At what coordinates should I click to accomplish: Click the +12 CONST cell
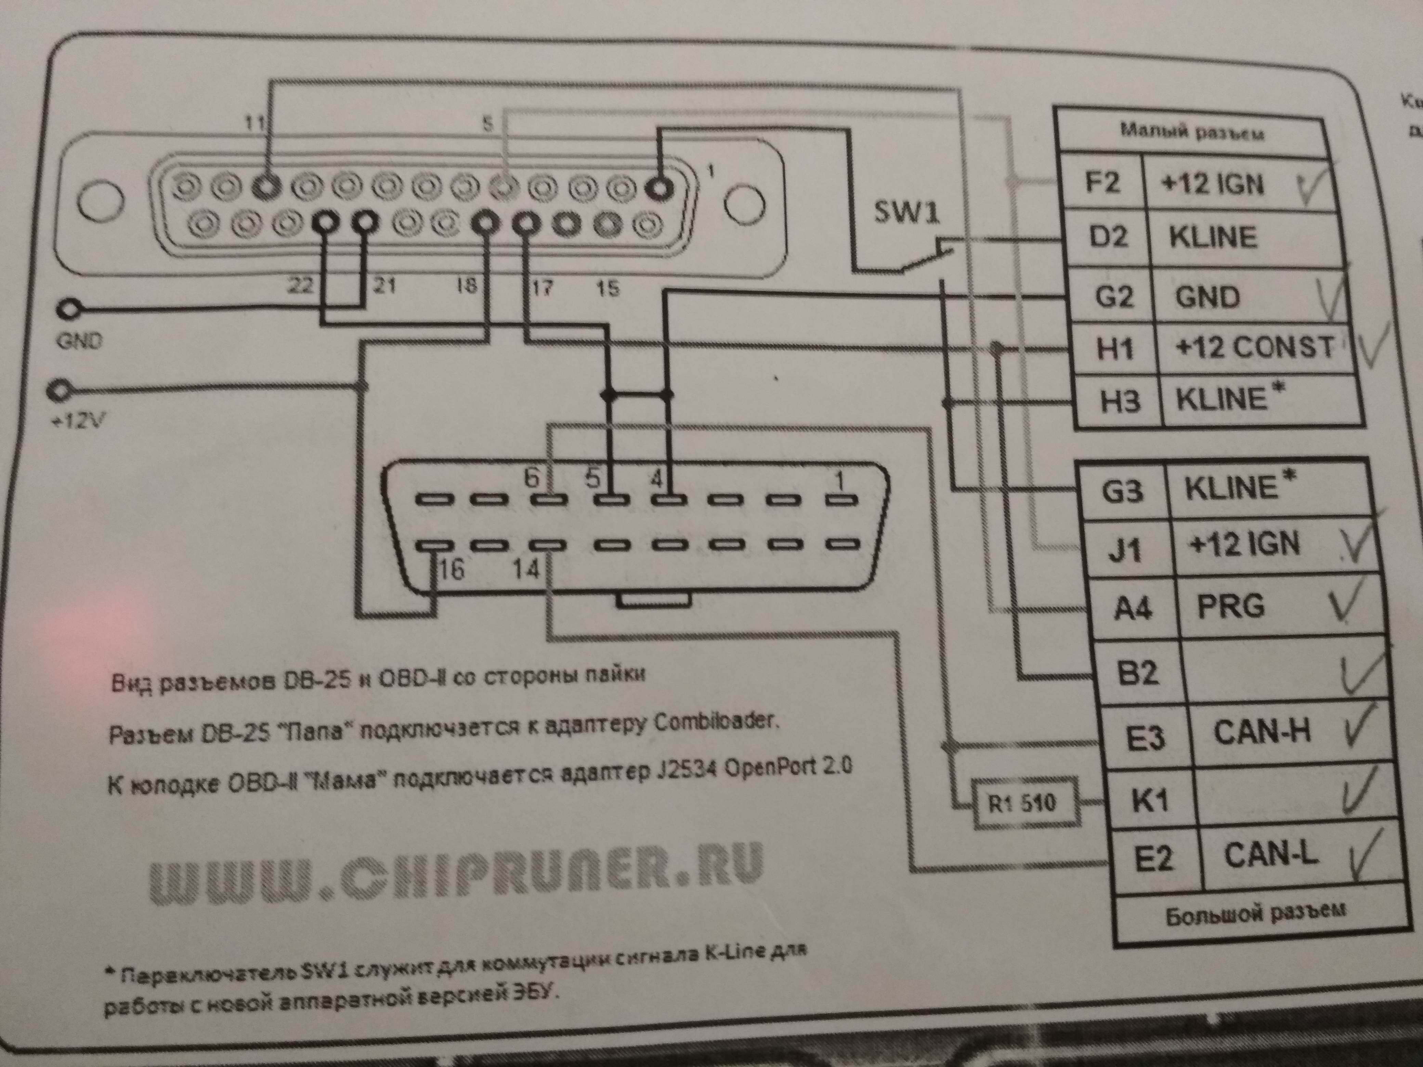click(x=1254, y=348)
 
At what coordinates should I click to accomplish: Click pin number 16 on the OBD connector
click(x=450, y=568)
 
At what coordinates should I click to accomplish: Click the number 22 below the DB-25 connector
click(x=300, y=284)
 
